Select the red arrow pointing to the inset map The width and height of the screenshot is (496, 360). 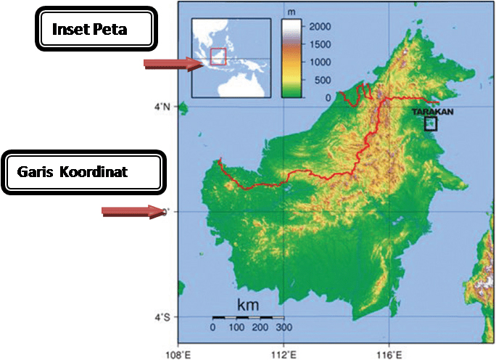coord(173,65)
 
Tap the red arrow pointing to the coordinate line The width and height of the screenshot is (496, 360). coord(131,211)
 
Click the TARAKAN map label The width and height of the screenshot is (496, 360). coord(432,112)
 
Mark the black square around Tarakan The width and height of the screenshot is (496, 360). coord(431,123)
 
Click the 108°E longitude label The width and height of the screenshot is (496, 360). coord(178,353)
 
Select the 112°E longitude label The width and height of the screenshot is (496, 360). coord(284,353)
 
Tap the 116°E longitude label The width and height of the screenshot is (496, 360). coord(389,353)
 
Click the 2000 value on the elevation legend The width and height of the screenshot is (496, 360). coord(320,27)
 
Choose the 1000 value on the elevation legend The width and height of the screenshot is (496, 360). coord(320,62)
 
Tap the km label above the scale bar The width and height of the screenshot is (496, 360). coord(247,303)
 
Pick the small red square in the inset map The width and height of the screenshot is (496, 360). coord(218,56)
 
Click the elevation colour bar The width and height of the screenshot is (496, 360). coord(292,58)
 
